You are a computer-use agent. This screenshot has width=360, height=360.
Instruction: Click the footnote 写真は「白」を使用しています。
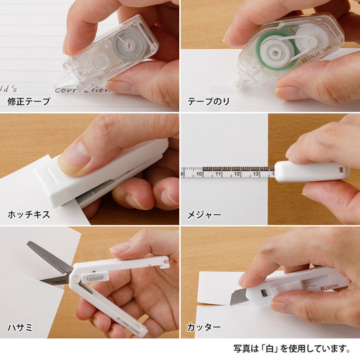tap(291, 348)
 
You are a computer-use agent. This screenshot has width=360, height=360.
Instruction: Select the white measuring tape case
tap(310, 171)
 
